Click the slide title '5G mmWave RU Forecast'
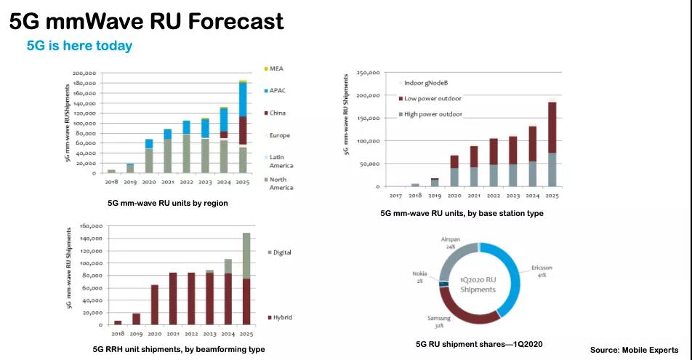146,21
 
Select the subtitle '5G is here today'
79,46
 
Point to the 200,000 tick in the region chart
84,73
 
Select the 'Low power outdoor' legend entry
432,98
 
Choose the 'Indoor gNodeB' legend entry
429,83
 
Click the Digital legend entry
281,252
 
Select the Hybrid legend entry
281,317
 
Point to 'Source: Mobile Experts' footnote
634,350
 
